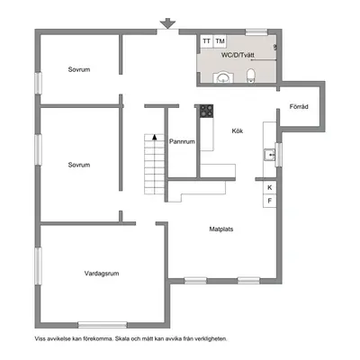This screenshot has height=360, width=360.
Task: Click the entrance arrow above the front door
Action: coord(167,23)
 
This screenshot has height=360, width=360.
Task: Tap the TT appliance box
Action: coord(206,41)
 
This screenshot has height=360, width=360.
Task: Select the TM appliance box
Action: coord(220,41)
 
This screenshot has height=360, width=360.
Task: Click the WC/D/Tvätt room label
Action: coord(238,55)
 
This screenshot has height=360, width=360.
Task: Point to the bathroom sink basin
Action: coord(223,77)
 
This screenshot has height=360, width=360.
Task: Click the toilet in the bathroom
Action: coord(250,76)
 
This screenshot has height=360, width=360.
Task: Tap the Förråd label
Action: coord(299,106)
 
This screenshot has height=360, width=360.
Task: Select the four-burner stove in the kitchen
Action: coord(207,111)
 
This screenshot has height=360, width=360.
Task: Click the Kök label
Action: coord(238,131)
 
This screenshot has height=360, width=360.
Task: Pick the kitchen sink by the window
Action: coord(269,155)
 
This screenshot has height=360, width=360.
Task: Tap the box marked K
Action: coord(270,188)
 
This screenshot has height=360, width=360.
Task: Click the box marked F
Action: coord(270,201)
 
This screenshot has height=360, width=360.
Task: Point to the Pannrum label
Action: coord(182,141)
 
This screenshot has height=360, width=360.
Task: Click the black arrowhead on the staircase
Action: coord(155,137)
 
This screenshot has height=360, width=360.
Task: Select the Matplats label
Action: coord(221,229)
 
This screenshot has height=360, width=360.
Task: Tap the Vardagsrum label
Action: coord(102,274)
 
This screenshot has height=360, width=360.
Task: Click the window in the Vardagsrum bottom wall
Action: coord(103,325)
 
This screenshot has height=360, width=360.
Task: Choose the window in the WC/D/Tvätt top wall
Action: coord(256,32)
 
